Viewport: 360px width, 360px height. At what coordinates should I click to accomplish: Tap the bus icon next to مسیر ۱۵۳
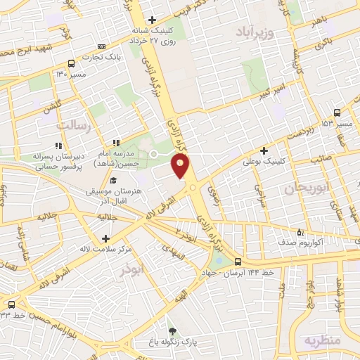pos(338,112)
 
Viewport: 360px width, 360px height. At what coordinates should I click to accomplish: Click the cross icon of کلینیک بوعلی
pos(264,150)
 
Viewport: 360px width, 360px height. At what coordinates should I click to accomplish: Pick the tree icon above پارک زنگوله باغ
pos(172,330)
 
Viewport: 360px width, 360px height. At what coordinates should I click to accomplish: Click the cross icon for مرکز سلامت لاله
pos(105,238)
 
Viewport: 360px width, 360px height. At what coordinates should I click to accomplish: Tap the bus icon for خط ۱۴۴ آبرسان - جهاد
pos(238,262)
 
